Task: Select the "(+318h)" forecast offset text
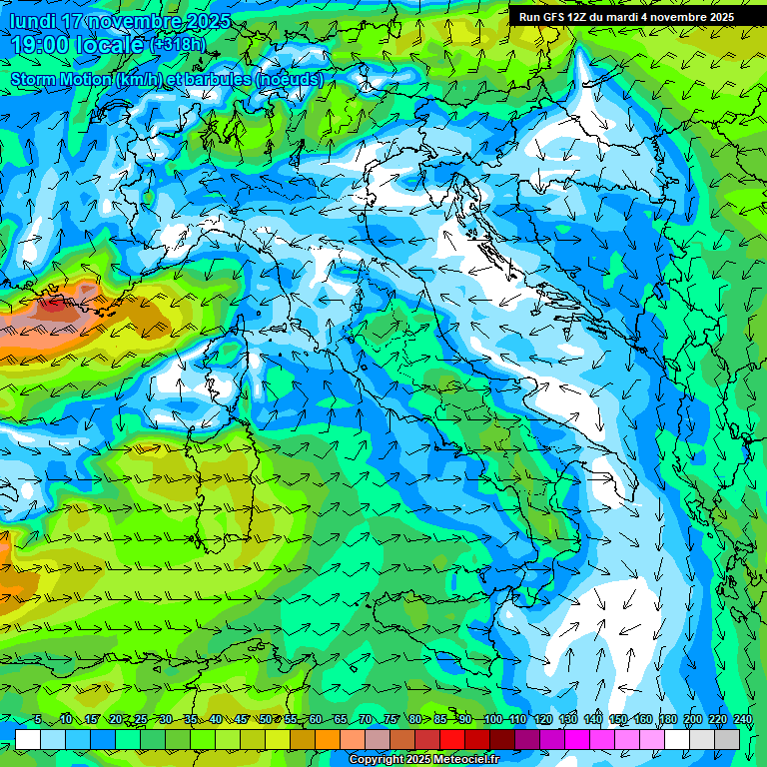click(x=180, y=45)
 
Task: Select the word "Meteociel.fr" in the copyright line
click(x=466, y=760)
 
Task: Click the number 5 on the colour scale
click(x=37, y=720)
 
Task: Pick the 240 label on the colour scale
click(x=743, y=720)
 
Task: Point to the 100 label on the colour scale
click(x=493, y=720)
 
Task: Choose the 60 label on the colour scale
click(x=316, y=720)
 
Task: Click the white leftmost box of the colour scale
click(x=28, y=739)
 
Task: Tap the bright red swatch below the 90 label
click(x=452, y=739)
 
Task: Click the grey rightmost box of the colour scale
click(x=727, y=739)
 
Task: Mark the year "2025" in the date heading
click(x=208, y=21)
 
